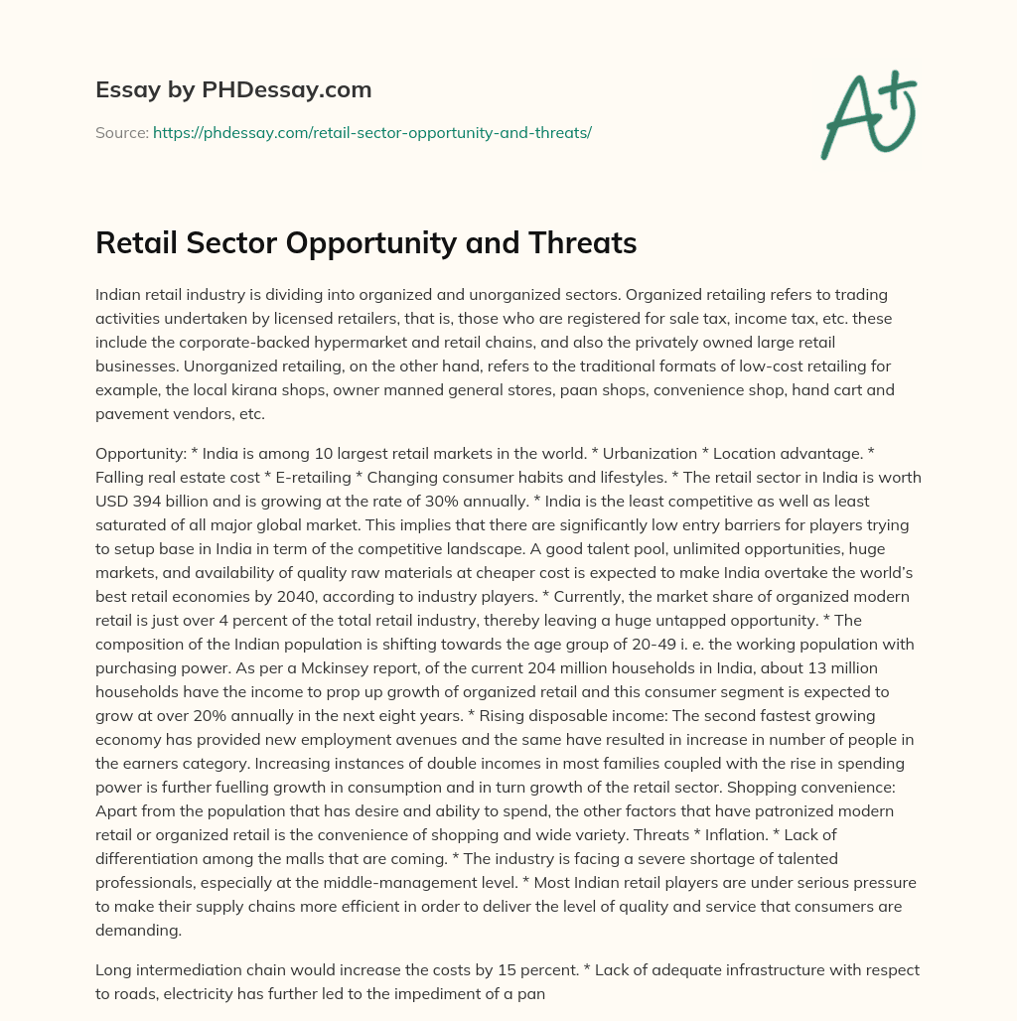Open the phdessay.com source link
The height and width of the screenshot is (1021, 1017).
[x=371, y=132]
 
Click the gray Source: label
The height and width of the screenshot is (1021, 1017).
[x=122, y=132]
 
